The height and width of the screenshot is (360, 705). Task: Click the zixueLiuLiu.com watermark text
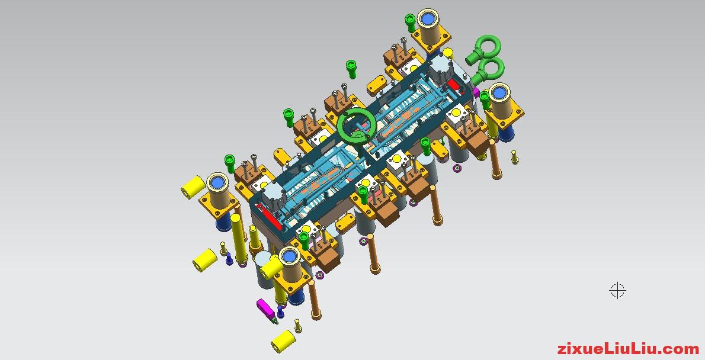click(x=628, y=349)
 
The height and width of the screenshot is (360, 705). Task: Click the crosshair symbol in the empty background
click(x=618, y=290)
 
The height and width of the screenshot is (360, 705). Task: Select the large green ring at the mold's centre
click(x=342, y=127)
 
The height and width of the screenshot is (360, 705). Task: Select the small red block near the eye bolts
click(x=453, y=85)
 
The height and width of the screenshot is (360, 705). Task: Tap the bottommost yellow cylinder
click(x=283, y=341)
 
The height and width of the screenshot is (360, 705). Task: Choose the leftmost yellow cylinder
click(x=193, y=188)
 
